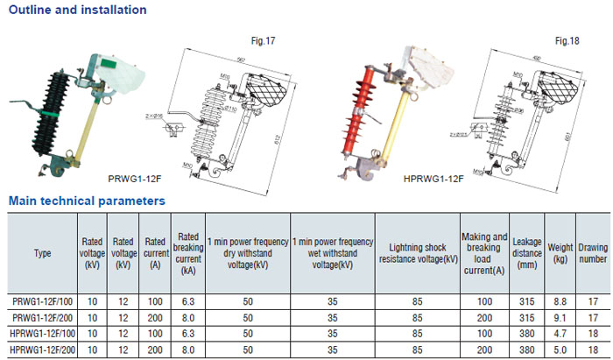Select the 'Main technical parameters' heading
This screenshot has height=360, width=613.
click(87, 201)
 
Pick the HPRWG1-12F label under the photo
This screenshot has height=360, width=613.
click(433, 179)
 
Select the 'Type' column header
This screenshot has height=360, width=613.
click(43, 254)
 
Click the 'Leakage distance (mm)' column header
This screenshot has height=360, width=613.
click(526, 254)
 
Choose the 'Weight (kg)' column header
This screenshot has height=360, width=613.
click(560, 254)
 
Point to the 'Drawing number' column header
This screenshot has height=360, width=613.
click(593, 254)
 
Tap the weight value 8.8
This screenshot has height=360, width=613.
click(560, 301)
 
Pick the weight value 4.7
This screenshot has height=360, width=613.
click(560, 334)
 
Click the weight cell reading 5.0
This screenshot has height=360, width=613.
click(560, 349)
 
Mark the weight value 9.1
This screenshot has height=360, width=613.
click(560, 317)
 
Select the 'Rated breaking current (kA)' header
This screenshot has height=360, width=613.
click(187, 254)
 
